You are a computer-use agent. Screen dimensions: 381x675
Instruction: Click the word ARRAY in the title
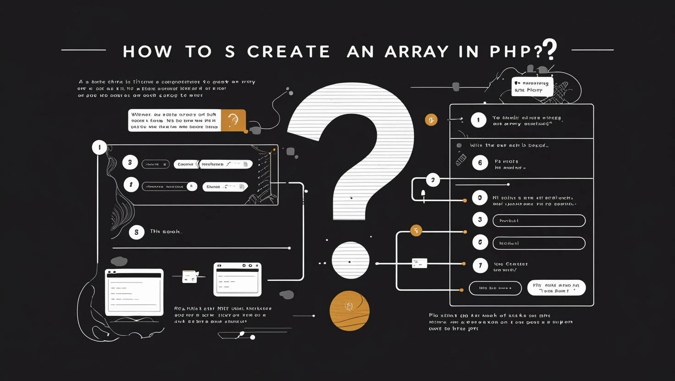416,52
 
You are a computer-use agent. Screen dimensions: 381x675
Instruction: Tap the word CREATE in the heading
288,52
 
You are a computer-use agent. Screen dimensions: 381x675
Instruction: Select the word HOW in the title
147,52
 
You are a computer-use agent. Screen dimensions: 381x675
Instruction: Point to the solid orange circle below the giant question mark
349,310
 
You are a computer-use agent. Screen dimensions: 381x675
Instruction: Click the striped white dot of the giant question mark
350,260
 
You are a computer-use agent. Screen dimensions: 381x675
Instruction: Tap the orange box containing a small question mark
233,120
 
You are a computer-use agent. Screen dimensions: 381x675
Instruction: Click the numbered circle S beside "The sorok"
136,232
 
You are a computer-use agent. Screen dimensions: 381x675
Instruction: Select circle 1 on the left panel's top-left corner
100,147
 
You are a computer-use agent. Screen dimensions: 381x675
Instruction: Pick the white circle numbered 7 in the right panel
480,265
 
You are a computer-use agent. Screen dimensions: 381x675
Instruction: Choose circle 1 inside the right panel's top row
478,120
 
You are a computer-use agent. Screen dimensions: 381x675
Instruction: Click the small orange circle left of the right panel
431,120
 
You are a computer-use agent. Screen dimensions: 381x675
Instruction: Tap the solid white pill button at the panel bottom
556,288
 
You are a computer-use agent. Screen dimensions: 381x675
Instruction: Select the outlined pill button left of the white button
495,288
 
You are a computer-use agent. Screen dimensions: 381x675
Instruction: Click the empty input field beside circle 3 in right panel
539,221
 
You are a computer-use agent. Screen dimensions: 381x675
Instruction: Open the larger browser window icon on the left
134,292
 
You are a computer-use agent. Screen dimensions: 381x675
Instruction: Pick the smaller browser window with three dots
238,279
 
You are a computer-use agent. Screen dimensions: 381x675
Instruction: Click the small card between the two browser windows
189,277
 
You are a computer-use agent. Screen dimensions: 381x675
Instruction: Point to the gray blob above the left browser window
119,261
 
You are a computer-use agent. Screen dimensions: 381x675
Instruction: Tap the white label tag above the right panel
532,87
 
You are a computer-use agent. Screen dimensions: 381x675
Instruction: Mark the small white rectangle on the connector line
420,263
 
